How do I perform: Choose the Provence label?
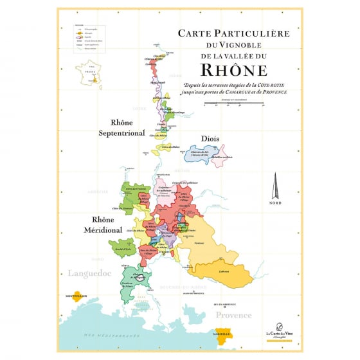point(233,316)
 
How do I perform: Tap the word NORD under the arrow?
point(274,203)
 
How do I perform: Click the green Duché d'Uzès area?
point(121,246)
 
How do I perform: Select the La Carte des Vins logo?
point(278,329)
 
